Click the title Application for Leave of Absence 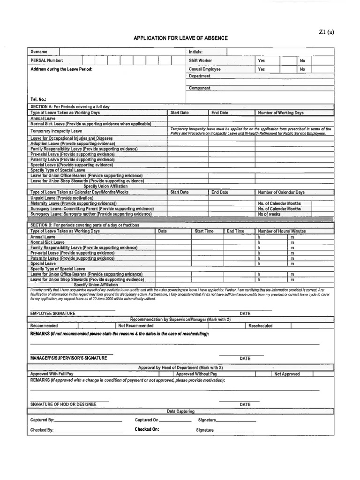[180, 38]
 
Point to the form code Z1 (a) [326, 32]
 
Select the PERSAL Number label [46, 60]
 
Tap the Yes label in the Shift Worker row [261, 60]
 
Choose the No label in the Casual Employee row [302, 69]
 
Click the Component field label [199, 88]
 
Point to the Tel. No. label [38, 100]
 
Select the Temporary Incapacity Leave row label [56, 131]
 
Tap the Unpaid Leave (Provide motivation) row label [62, 198]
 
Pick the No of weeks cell [269, 214]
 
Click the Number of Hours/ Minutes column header [282, 231]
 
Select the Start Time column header [204, 231]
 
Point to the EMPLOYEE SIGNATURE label [52, 313]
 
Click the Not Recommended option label [135, 325]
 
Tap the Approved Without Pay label [196, 374]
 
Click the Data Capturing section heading [180, 411]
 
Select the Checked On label [147, 429]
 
